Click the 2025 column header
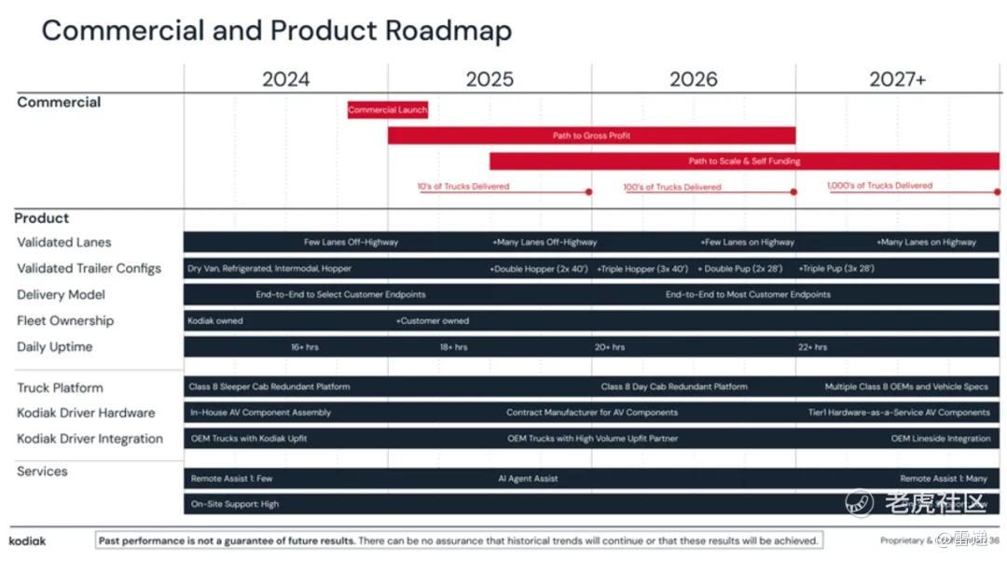(490, 79)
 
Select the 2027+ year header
(897, 79)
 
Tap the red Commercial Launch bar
(388, 110)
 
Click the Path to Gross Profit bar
(591, 136)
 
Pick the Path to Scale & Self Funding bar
(744, 162)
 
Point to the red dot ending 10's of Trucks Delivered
(588, 192)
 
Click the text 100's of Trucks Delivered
(672, 187)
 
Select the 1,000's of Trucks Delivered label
(879, 186)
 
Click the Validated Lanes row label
(64, 243)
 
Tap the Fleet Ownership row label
(65, 321)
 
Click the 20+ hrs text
(610, 347)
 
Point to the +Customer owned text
(433, 321)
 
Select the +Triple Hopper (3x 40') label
(642, 269)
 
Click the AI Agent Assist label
(528, 479)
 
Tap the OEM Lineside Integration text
(940, 439)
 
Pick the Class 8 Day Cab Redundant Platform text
(674, 386)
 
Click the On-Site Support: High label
(235, 504)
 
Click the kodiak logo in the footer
(27, 541)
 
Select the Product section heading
(42, 218)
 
